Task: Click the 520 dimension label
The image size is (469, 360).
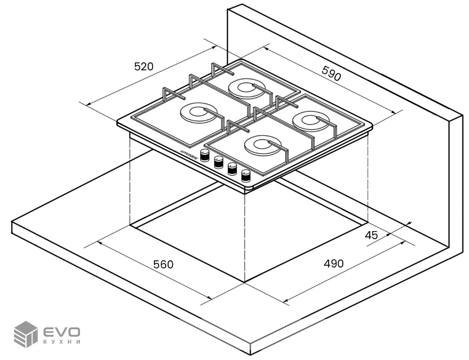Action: click(144, 66)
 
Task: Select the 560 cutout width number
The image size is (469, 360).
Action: click(164, 264)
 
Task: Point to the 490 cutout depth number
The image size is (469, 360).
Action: click(333, 264)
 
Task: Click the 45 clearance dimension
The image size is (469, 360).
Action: click(371, 235)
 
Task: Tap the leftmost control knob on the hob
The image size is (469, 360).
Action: click(205, 155)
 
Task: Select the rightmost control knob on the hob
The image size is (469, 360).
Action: click(245, 175)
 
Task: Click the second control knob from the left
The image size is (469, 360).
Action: click(218, 162)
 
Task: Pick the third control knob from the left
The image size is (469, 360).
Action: click(232, 168)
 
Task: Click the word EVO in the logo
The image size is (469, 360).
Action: click(62, 332)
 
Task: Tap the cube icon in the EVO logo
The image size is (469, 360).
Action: click(26, 334)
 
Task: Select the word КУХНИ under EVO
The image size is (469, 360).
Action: click(62, 342)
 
